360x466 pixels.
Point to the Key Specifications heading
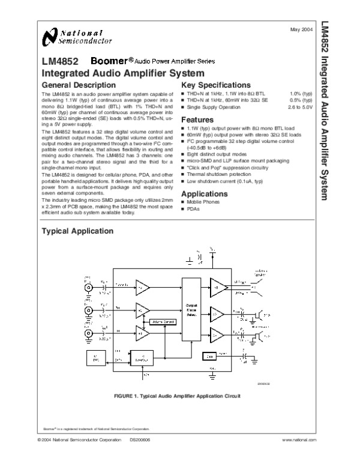(217, 85)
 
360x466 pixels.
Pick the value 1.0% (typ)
(301, 94)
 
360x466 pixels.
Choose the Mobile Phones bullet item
(204, 203)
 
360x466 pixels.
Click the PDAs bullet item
(194, 209)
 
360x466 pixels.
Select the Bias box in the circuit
(208, 356)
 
